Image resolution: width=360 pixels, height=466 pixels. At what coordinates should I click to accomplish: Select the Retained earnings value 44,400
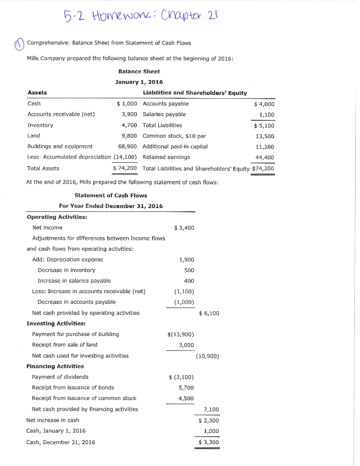[264, 158]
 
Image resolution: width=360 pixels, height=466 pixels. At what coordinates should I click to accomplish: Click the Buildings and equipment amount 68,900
[127, 146]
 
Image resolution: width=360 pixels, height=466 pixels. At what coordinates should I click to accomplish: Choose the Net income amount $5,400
[184, 228]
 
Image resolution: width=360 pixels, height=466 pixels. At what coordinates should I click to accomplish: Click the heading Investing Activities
[56, 323]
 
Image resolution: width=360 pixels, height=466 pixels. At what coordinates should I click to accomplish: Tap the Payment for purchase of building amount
[181, 334]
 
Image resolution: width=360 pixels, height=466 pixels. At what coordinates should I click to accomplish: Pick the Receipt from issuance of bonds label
[73, 387]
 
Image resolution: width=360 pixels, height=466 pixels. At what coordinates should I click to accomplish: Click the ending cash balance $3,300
[208, 442]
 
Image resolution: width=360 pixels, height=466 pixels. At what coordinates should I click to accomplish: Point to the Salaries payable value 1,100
[266, 115]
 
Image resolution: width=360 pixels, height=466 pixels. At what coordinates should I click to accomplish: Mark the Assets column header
[37, 93]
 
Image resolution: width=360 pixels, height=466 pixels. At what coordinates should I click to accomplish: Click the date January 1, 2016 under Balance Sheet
[139, 82]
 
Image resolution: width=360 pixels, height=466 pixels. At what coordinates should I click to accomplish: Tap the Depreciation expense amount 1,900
[186, 260]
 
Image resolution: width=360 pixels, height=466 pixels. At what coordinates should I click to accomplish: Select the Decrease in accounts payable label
[76, 302]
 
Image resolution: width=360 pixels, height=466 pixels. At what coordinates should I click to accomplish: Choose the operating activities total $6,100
[209, 313]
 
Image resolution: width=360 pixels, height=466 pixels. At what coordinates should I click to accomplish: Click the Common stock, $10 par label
[174, 136]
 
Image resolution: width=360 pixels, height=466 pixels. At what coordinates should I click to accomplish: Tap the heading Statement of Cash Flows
[111, 195]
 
